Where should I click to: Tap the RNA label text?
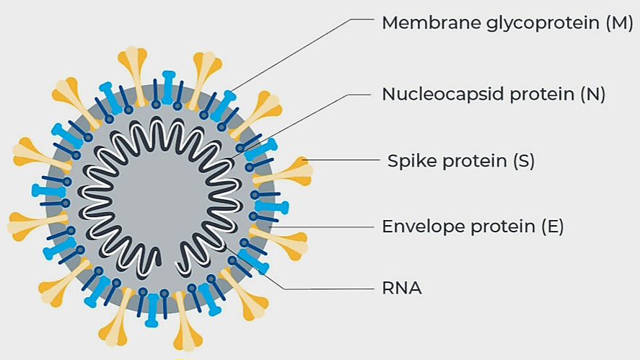(401, 289)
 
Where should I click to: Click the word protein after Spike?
(473, 162)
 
